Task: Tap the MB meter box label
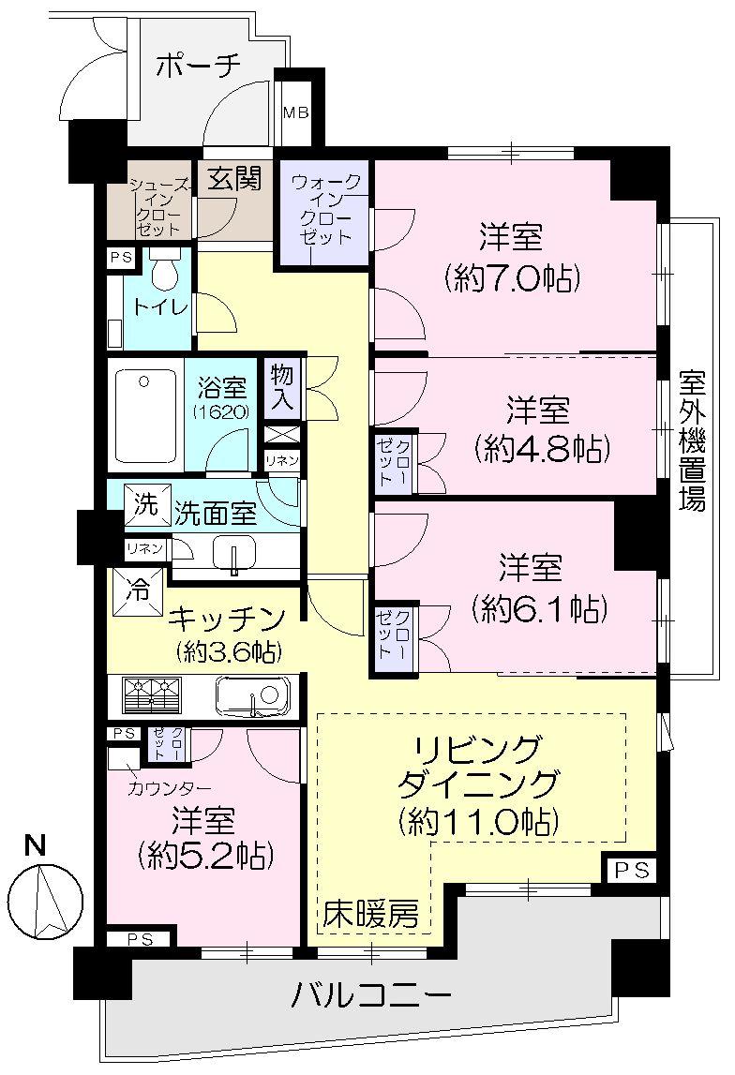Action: [296, 114]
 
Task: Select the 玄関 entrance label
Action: [233, 178]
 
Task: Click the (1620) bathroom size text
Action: [223, 410]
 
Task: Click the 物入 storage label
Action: [282, 386]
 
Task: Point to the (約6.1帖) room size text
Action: [541, 609]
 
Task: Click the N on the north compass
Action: [36, 844]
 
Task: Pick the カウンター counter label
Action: [170, 788]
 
